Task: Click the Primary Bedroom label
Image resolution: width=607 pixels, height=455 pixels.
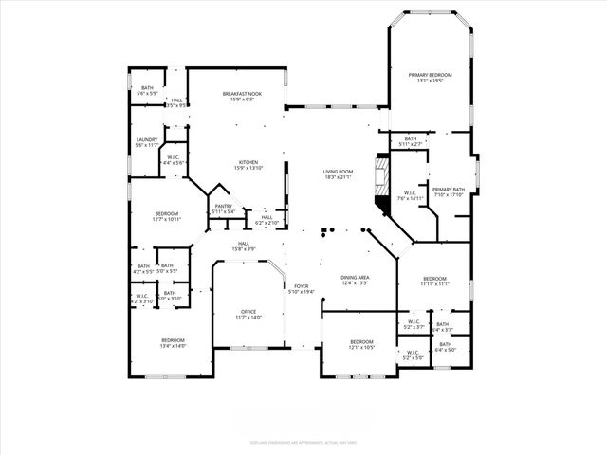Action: [x=430, y=75]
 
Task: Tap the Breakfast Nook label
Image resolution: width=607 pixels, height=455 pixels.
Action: [x=241, y=93]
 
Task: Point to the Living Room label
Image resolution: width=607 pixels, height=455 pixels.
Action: [x=339, y=173]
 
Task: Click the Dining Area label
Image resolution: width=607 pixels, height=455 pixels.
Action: [x=355, y=277]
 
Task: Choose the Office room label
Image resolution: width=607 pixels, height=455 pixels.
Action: [x=248, y=312]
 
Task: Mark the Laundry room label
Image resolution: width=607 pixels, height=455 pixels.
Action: [x=146, y=140]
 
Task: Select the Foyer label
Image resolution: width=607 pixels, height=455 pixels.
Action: [x=301, y=285]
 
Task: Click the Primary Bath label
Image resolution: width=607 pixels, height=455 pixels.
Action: [x=449, y=190]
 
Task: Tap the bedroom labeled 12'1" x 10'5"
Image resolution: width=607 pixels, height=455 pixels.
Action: [x=362, y=345]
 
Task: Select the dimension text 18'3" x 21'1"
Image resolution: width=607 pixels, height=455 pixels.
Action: [x=339, y=177]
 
